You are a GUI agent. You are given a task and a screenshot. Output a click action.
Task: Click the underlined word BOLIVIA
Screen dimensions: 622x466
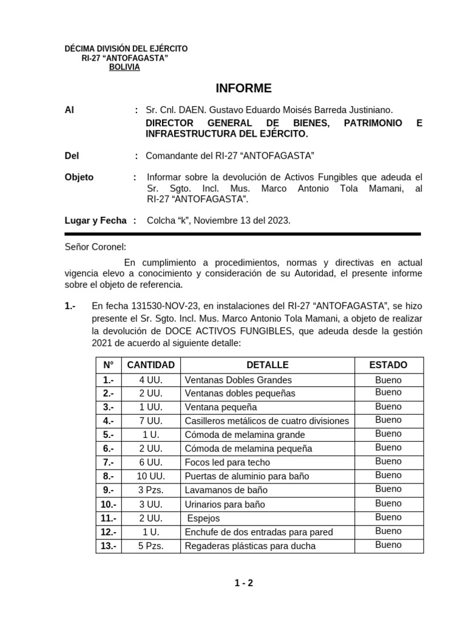(124, 67)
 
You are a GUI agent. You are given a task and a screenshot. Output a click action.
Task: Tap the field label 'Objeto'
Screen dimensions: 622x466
(79, 177)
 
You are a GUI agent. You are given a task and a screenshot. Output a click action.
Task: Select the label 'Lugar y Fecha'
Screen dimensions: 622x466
(95, 220)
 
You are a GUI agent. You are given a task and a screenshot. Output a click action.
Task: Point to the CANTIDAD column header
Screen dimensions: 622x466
(150, 365)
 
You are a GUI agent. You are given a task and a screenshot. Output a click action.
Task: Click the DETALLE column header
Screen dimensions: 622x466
(267, 365)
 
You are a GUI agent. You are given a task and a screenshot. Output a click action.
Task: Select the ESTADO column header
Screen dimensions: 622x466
(388, 365)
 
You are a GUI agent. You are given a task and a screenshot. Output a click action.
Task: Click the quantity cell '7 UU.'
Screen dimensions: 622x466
(150, 421)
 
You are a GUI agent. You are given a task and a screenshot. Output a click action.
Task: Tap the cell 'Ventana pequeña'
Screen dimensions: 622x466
(221, 407)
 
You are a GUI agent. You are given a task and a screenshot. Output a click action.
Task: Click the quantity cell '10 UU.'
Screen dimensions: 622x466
(150, 476)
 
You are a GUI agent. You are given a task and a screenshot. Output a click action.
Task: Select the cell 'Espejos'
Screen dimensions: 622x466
(204, 518)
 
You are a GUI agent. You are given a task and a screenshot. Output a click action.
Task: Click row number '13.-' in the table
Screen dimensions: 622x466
(109, 546)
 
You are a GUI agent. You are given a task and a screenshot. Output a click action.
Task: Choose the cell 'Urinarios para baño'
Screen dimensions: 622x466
(225, 504)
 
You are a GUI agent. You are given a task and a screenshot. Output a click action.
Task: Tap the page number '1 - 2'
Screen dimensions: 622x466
(244, 584)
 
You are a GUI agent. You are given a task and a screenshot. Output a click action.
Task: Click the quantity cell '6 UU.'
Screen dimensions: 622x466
(150, 463)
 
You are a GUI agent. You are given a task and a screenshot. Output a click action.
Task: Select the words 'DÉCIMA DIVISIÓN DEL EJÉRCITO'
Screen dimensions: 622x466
(126, 48)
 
